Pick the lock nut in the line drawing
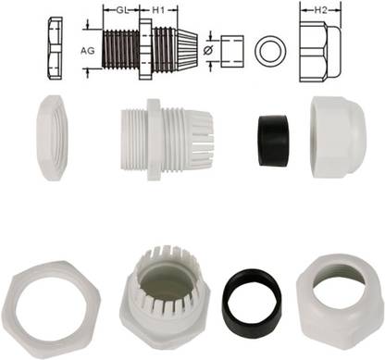click(x=52, y=46)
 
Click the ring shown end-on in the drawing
click(x=270, y=49)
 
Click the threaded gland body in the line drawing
click(x=148, y=47)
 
